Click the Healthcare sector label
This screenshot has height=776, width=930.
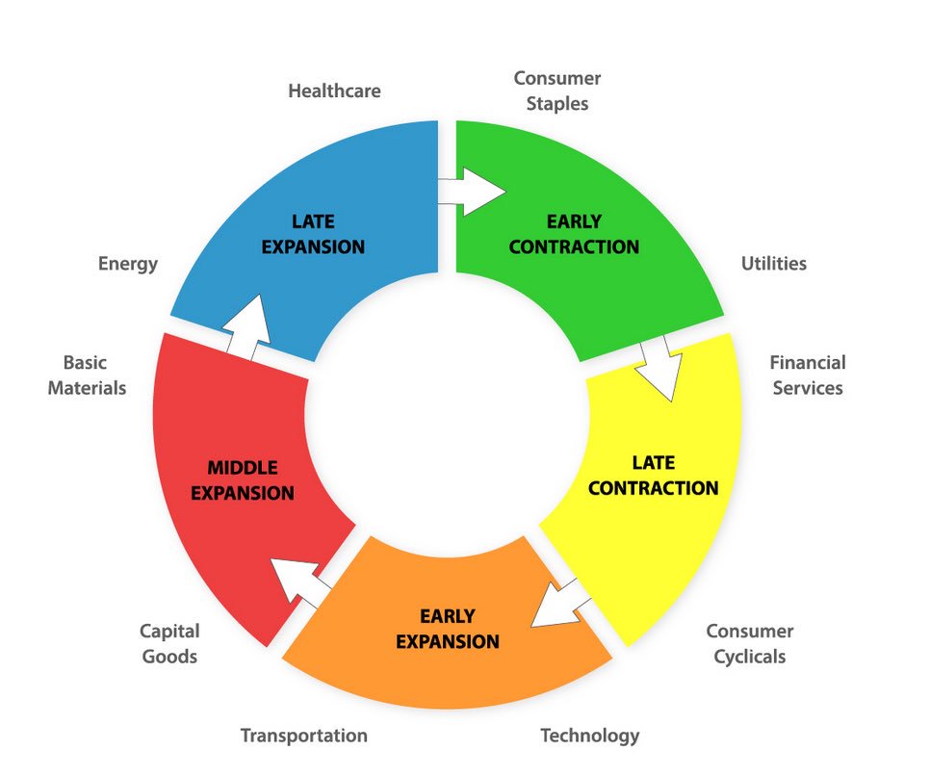pyautogui.click(x=334, y=91)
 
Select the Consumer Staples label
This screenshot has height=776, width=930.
pyautogui.click(x=556, y=91)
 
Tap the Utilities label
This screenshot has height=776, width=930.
pyautogui.click(x=773, y=264)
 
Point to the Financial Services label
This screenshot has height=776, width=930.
pyautogui.click(x=807, y=375)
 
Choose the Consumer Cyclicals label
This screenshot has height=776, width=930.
pyautogui.click(x=749, y=644)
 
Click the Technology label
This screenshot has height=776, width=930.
pyautogui.click(x=589, y=736)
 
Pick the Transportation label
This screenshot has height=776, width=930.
pyautogui.click(x=303, y=736)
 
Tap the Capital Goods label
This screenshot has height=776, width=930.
pyautogui.click(x=169, y=644)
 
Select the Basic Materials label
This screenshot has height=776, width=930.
pyautogui.click(x=87, y=375)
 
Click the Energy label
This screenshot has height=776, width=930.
pyautogui.click(x=127, y=264)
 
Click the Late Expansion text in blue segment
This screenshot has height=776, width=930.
pyautogui.click(x=313, y=235)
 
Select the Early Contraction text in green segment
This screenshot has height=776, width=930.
pyautogui.click(x=574, y=235)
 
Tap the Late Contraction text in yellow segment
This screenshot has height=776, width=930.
pyautogui.click(x=653, y=476)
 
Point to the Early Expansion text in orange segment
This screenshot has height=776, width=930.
pyautogui.click(x=448, y=628)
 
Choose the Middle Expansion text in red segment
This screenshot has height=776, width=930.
pyautogui.click(x=242, y=480)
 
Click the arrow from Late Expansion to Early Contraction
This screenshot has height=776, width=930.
pyautogui.click(x=473, y=191)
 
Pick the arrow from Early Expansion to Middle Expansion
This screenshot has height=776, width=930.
pyautogui.click(x=298, y=582)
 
